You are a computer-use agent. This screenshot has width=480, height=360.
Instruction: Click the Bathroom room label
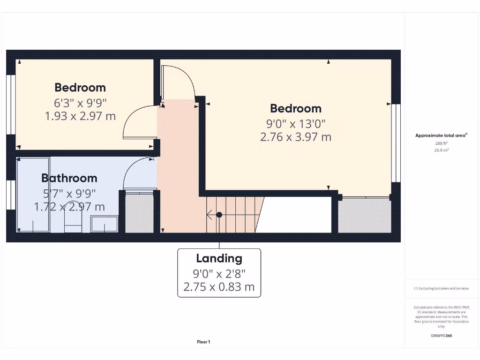point(69,178)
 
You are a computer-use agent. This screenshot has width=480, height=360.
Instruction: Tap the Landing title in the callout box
point(219,258)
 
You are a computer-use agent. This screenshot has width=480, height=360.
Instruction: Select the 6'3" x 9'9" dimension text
point(80,102)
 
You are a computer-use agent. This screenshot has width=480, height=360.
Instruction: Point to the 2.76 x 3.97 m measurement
point(295,137)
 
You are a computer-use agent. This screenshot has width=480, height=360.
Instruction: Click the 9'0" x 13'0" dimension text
point(295,123)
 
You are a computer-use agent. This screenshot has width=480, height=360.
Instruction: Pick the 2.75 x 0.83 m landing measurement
point(219,287)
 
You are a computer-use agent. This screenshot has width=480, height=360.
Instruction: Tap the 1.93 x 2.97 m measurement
point(80,116)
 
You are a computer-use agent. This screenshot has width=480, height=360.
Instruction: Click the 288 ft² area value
point(441,143)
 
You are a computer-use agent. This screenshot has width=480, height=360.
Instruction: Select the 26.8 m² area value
point(441,150)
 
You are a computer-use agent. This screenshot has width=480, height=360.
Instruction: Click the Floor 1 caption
point(203,342)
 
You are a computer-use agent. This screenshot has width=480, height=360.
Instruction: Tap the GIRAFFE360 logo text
point(441,336)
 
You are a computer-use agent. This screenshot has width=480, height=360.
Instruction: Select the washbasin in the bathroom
point(105,224)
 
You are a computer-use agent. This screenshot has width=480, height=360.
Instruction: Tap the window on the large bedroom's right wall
point(397,142)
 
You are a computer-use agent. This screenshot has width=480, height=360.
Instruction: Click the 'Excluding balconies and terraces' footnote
point(441,289)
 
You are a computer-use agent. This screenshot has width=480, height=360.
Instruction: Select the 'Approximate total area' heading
point(441,135)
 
